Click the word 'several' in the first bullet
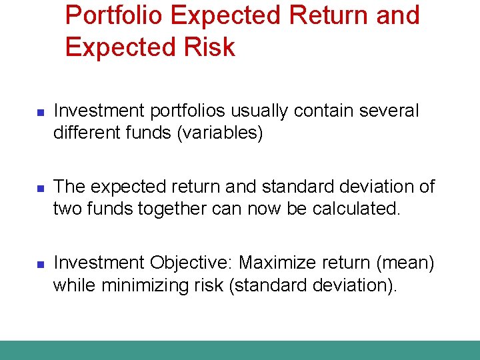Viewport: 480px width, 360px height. click(389, 111)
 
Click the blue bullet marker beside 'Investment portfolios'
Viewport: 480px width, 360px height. click(39, 113)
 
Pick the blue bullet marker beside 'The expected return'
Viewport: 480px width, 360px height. click(39, 189)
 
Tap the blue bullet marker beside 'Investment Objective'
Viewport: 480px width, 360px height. click(39, 265)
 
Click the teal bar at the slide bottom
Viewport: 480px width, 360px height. click(240, 350)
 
